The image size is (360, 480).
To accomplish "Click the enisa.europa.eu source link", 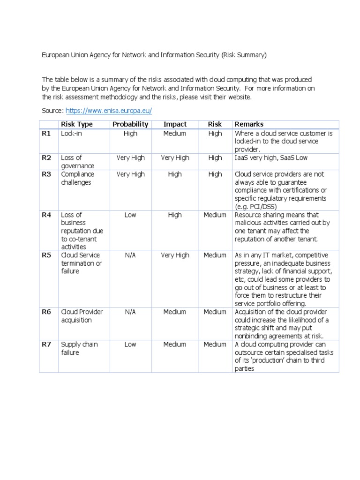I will click(x=109, y=111).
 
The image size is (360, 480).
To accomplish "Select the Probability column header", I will click(x=130, y=124).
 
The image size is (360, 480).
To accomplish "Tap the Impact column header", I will click(x=175, y=124).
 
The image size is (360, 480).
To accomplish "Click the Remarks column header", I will click(x=248, y=124).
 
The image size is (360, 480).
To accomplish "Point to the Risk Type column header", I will click(x=77, y=124).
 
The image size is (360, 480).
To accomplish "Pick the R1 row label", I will click(x=46, y=134).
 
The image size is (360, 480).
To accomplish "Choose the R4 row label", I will click(x=46, y=215).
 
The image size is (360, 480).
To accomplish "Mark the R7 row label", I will click(x=46, y=345).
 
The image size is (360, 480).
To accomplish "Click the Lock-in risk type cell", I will click(x=71, y=134).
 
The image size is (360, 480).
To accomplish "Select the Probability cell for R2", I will click(x=130, y=158).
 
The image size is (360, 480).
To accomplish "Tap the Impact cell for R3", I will click(x=175, y=174).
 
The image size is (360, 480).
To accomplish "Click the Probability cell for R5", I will click(x=130, y=255).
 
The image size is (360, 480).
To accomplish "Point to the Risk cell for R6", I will click(x=215, y=312).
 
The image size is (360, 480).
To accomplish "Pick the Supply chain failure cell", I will click(x=79, y=348).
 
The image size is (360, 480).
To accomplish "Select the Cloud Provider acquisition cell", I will click(x=82, y=316).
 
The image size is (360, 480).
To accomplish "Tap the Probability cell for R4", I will click(x=130, y=215).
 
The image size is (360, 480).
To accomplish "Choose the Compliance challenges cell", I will click(x=77, y=178).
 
